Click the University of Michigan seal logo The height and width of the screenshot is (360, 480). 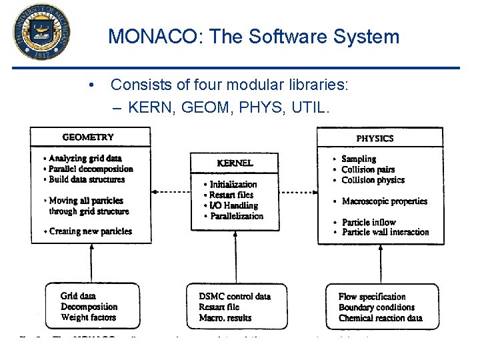[x=41, y=31]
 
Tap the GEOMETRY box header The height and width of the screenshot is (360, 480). [x=88, y=137]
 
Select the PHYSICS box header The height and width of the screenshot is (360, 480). [x=375, y=138]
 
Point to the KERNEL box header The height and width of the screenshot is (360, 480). [x=235, y=163]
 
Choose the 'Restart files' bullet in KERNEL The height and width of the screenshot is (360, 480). [x=231, y=195]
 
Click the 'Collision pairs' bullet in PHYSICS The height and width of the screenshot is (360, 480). [x=368, y=169]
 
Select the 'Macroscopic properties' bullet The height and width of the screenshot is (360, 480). [x=384, y=201]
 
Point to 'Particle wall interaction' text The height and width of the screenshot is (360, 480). [x=385, y=232]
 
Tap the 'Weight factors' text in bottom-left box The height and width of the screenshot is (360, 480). [x=88, y=317]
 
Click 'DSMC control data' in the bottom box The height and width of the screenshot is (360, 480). [x=235, y=296]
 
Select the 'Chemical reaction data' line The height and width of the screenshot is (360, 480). [x=380, y=318]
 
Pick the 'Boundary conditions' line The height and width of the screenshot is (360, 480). [x=376, y=307]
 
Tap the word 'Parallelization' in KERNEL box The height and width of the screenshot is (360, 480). [x=237, y=216]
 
